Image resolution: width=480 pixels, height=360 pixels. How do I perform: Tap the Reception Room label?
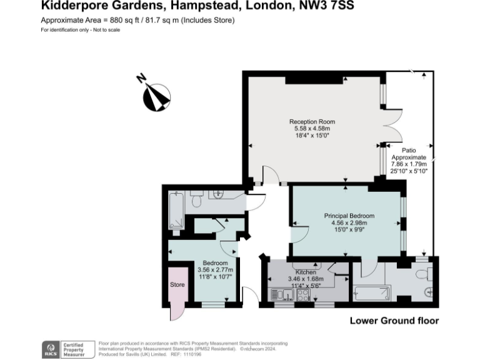(311, 122)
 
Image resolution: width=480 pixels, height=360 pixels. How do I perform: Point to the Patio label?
(409, 151)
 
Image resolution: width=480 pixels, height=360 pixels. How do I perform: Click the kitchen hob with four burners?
(303, 294)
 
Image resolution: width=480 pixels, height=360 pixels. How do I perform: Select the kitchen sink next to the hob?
(277, 294)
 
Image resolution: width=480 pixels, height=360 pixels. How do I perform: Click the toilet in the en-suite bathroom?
(425, 272)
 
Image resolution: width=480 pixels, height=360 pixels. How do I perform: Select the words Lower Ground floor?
(394, 321)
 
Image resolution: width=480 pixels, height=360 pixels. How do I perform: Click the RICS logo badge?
(49, 349)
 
